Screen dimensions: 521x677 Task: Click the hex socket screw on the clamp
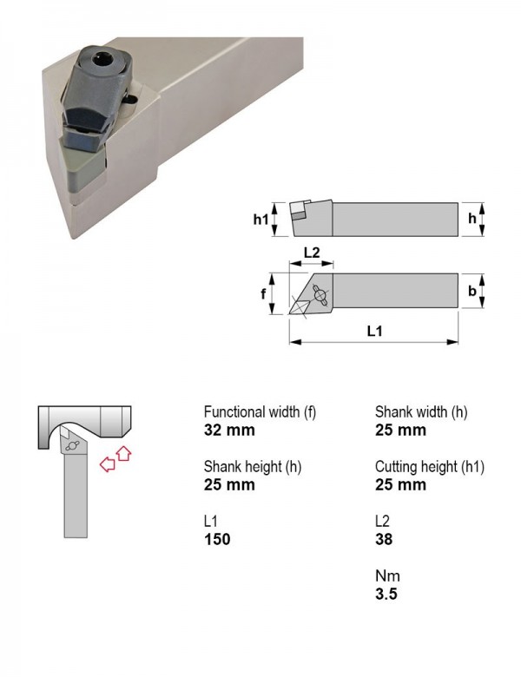pos(104,59)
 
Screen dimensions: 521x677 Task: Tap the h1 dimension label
pos(260,220)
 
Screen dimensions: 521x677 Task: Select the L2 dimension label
pos(312,253)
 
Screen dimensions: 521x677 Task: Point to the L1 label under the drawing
pos(374,332)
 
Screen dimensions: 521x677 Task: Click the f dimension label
pos(263,294)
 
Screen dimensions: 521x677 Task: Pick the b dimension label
pos(472,291)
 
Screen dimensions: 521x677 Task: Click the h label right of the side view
pos(472,218)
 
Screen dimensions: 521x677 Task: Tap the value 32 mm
pos(229,430)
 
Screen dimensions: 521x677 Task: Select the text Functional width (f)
pos(260,412)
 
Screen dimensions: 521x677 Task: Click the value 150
pos(217,539)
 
